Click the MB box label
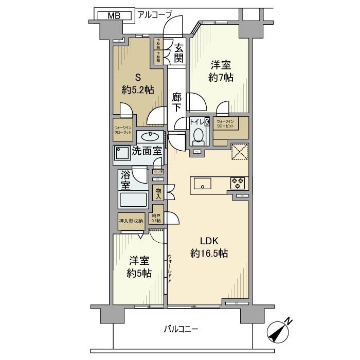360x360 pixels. pyautogui.click(x=114, y=15)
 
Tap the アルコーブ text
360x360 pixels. pyautogui.click(x=154, y=14)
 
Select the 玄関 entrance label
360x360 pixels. pyautogui.click(x=178, y=52)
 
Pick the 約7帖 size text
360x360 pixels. pyautogui.click(x=222, y=78)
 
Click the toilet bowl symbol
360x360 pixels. pyautogui.click(x=198, y=136)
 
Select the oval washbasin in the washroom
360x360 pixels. pyautogui.click(x=150, y=137)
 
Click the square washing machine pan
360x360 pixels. pyautogui.click(x=122, y=154)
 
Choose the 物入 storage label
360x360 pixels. pyautogui.click(x=159, y=194)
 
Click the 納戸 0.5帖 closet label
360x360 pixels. pyautogui.click(x=156, y=218)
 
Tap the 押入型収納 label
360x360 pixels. pyautogui.click(x=131, y=221)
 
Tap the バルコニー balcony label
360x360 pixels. pyautogui.click(x=182, y=329)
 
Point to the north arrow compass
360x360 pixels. pyautogui.click(x=281, y=332)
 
